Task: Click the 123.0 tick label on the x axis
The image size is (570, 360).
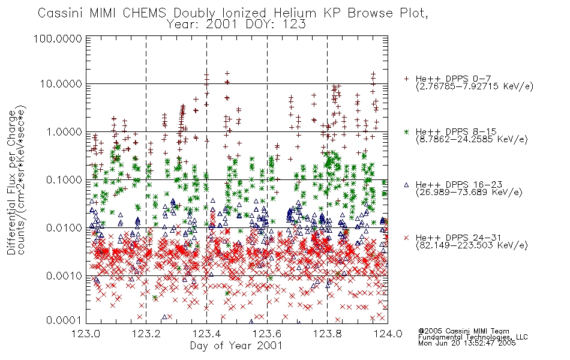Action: [x=86, y=334]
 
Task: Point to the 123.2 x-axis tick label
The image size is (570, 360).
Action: [x=146, y=334]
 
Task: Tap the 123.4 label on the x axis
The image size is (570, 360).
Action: [x=207, y=334]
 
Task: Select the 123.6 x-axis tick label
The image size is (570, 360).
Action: [x=267, y=334]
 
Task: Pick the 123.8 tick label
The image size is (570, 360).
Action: [x=327, y=334]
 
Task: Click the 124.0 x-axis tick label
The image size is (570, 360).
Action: [x=388, y=334]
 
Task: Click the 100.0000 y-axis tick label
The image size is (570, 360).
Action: [x=58, y=38]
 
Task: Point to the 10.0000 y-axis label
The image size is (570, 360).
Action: [x=61, y=84]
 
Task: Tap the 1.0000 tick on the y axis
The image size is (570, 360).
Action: [x=64, y=132]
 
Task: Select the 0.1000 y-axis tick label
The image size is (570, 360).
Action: [x=64, y=180]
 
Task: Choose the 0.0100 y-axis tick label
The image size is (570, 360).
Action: [x=64, y=228]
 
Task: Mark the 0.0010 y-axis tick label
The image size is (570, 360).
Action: [x=64, y=276]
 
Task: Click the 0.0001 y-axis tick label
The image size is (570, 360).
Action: [x=64, y=320]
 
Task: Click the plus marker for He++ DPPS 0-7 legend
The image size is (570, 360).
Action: [x=406, y=79]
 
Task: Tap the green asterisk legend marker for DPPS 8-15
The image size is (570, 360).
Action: [x=406, y=131]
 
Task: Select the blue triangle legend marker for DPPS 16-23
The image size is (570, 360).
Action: [x=406, y=185]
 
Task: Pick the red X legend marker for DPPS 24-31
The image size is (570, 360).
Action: [x=406, y=238]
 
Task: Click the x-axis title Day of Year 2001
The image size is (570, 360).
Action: [x=236, y=346]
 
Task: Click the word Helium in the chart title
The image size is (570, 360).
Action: [x=295, y=13]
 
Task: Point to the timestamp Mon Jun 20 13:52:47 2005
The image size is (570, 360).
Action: [x=467, y=343]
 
